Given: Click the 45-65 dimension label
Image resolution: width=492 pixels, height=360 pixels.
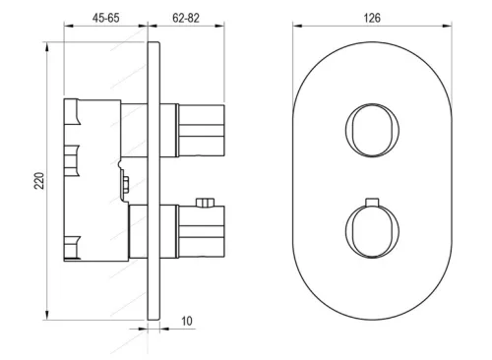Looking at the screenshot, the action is coord(105,18).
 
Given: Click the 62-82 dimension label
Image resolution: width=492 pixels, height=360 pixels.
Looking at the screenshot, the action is coord(186,18).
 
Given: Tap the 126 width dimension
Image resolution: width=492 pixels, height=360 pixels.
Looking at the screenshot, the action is coord(372,18).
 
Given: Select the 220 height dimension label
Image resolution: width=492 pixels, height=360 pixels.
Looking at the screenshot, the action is coord(39,181).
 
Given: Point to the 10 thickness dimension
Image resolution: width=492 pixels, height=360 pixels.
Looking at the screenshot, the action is coord(187,321).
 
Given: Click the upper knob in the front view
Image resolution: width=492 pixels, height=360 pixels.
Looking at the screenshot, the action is coord(372,130).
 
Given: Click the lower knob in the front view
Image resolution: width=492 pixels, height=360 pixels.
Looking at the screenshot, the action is coord(372,231).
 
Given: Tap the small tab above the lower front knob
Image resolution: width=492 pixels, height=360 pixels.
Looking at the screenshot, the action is coord(372,202).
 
